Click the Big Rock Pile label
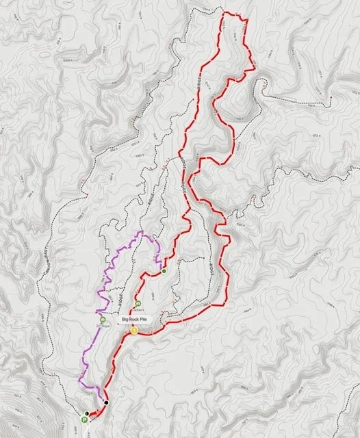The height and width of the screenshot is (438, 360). pyautogui.click(x=134, y=320)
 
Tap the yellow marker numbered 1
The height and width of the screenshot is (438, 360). pyautogui.click(x=134, y=331)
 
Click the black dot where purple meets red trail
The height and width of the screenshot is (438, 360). pyautogui.click(x=106, y=402)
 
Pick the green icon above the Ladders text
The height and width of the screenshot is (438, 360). pyautogui.click(x=138, y=304)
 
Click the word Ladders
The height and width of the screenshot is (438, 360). pyautogui.click(x=138, y=309)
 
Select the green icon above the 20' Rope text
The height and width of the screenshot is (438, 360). pyautogui.click(x=103, y=319)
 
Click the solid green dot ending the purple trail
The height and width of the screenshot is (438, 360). pyautogui.click(x=164, y=272)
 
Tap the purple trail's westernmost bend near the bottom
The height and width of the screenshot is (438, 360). pyautogui.click(x=79, y=378)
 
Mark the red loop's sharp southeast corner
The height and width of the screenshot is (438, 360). pyautogui.click(x=227, y=301)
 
